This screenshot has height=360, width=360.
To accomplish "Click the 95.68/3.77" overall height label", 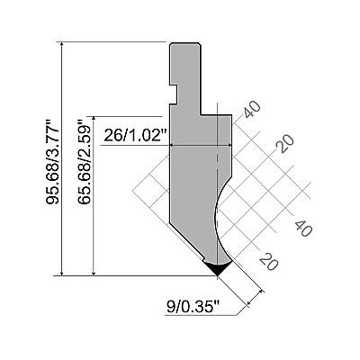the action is click(52, 162).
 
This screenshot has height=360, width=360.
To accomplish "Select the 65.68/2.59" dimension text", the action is click(84, 162).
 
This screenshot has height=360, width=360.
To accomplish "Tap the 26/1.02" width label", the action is click(135, 136).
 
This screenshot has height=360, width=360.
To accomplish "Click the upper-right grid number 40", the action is click(252, 110).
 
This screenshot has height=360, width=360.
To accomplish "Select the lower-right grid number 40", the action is click(303, 228).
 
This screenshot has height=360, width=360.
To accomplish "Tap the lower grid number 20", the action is click(269, 261).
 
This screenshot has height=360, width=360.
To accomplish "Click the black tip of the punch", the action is click(217, 268).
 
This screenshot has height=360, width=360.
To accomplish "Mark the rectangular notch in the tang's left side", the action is click(174, 94).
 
